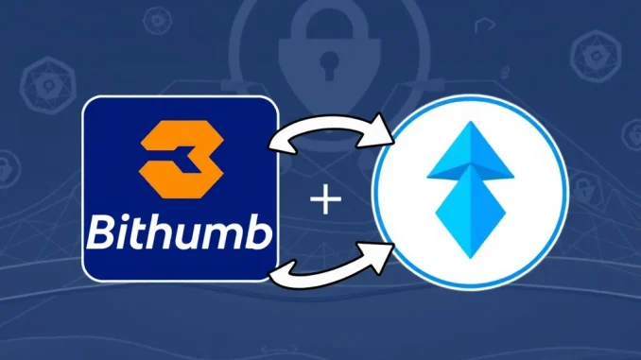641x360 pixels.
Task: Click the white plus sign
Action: coord(324,201)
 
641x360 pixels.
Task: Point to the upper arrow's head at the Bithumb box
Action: coord(280,143)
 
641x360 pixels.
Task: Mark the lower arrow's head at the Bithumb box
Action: coord(278,274)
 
